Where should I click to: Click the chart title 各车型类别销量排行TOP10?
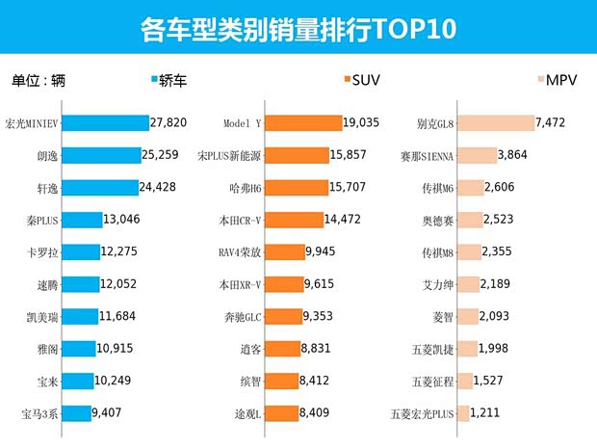click(298, 30)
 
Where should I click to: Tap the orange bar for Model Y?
click(303, 123)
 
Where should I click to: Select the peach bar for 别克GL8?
click(496, 123)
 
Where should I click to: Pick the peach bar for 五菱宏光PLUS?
click(463, 413)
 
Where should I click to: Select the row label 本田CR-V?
click(240, 220)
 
